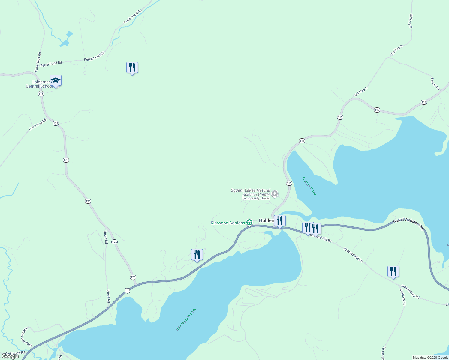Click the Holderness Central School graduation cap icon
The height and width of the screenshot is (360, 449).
pyautogui.click(x=56, y=81)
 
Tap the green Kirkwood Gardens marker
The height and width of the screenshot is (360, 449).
pyautogui.click(x=249, y=223)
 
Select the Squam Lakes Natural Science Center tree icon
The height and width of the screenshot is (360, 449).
pyautogui.click(x=274, y=193)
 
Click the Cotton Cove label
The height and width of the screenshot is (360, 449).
pyautogui.click(x=309, y=186)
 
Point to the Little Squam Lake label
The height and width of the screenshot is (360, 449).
pyautogui.click(x=185, y=320)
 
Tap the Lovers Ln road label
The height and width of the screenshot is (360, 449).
pyautogui.click(x=435, y=84)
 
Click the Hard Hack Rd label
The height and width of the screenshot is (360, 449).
pyautogui.click(x=38, y=62)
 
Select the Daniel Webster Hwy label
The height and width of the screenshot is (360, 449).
pyautogui.click(x=409, y=224)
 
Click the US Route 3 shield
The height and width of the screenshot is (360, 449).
pyautogui.click(x=128, y=291)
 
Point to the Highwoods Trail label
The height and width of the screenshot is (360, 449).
pyautogui.click(x=26, y=337)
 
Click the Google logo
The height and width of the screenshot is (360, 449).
pyautogui.click(x=10, y=356)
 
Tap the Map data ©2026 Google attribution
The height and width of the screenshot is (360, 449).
pyautogui.click(x=430, y=358)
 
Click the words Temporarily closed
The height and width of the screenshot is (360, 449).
pyautogui.click(x=256, y=198)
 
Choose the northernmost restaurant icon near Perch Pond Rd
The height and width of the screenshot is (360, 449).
pyautogui.click(x=132, y=67)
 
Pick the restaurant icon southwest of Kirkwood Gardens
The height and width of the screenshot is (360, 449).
pyautogui.click(x=197, y=255)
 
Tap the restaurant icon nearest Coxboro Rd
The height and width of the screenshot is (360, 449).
pyautogui.click(x=393, y=271)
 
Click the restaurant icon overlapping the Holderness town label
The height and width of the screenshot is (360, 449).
pyautogui.click(x=280, y=221)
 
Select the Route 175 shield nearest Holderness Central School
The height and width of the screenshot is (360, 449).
pyautogui.click(x=41, y=94)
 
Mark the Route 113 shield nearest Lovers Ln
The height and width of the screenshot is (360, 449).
pyautogui.click(x=423, y=102)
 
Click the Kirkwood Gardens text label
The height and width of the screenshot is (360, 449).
pyautogui.click(x=228, y=223)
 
